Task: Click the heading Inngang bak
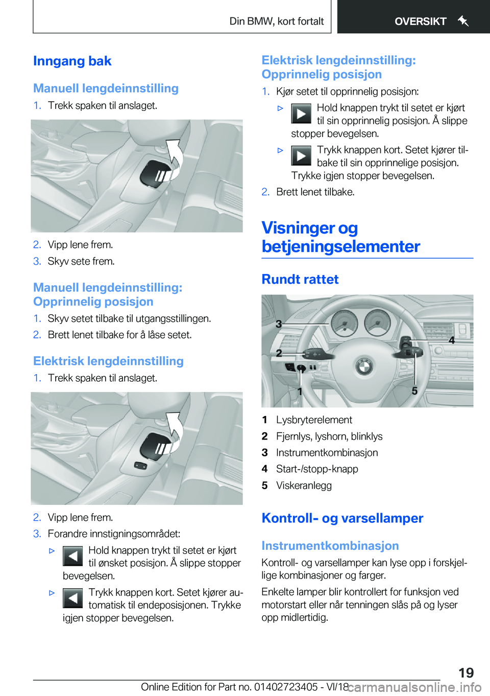72,61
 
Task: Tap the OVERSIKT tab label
420,21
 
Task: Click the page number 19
465,672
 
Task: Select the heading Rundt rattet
300,280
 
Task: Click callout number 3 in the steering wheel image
279,324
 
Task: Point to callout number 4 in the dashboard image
451,340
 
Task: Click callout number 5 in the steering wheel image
414,391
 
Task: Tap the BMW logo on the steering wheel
364,366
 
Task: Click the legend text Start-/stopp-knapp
317,469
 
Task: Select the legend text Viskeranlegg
304,485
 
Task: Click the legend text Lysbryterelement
314,420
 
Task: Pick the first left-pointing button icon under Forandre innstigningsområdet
72,556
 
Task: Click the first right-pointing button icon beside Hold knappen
301,113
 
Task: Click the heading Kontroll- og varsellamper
342,518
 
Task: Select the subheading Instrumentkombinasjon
330,546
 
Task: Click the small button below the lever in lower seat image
140,465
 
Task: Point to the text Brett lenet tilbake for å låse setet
119,335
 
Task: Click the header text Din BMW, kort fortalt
276,21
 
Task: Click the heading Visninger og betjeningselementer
340,237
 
